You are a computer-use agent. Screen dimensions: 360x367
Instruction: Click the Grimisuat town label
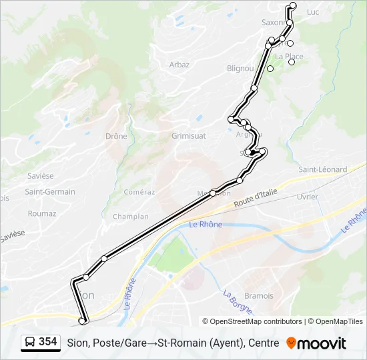click(189, 136)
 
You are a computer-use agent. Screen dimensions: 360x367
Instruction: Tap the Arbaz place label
click(179, 65)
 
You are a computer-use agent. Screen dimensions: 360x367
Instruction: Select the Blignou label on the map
click(240, 68)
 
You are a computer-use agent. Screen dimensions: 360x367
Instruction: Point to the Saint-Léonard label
click(323, 169)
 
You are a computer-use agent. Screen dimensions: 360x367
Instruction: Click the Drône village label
click(116, 136)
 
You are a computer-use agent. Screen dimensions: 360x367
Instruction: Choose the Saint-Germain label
click(50, 192)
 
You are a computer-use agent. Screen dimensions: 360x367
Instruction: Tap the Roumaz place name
click(42, 214)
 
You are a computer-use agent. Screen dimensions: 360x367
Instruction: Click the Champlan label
click(131, 217)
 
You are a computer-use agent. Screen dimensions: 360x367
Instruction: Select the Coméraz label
click(139, 192)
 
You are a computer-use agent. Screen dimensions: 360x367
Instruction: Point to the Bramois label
click(259, 296)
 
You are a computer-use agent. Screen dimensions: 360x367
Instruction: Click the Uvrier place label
click(308, 197)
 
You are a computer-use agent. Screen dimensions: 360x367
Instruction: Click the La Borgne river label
click(238, 301)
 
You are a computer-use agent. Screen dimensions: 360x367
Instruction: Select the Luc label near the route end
click(313, 12)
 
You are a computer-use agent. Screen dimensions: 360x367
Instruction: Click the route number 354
click(47, 342)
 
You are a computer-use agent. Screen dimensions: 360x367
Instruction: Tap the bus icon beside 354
click(30, 343)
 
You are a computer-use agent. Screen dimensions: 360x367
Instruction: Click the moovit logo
click(316, 343)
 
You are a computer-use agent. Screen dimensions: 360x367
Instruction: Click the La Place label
click(289, 57)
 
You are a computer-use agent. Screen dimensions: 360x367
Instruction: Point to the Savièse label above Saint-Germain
click(41, 176)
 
